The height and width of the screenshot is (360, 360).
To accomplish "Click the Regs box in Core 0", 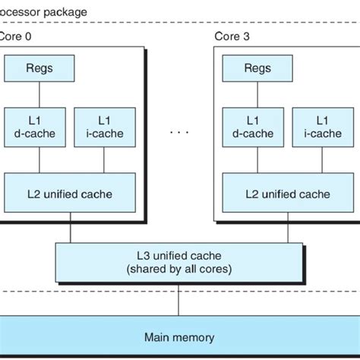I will click(39, 68).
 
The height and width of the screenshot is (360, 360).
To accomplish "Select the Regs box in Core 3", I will click(257, 68).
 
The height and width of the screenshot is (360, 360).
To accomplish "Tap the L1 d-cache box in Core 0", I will click(39, 127).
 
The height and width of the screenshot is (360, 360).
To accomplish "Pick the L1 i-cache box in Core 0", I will click(105, 127).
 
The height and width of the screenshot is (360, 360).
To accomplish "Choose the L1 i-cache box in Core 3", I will click(323, 127).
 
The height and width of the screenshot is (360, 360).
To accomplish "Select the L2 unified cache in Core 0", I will click(70, 193).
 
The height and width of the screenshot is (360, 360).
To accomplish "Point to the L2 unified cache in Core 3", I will click(288, 193).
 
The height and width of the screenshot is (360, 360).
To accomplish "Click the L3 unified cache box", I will click(179, 262).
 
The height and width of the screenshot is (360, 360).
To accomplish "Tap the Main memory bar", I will click(180, 337).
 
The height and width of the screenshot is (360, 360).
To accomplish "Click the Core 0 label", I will click(17, 36).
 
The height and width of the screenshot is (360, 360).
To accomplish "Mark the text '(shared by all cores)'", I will click(179, 270).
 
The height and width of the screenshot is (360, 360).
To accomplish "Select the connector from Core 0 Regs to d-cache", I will click(39, 94).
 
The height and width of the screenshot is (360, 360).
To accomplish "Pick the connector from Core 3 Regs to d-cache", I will click(257, 94).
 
